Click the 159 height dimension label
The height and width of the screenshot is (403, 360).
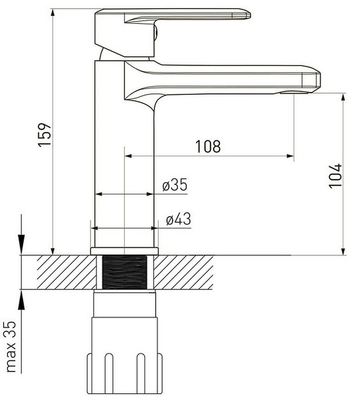45,135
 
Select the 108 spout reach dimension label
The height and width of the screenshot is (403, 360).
208,146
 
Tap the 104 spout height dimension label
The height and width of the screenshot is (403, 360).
335,176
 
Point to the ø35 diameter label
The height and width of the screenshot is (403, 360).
175,185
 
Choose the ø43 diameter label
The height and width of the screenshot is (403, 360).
179,219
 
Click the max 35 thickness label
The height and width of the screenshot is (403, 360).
11,346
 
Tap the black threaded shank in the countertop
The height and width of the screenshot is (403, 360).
124,272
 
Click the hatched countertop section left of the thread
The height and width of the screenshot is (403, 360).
67,272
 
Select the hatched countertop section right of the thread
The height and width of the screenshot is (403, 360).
183,272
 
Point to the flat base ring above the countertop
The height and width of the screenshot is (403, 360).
124,251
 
